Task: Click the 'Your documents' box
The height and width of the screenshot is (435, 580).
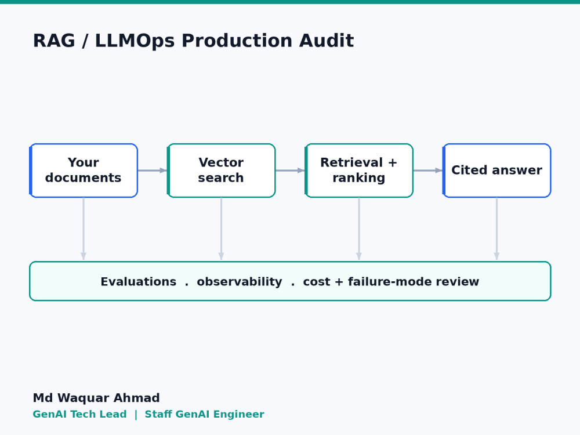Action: click(x=84, y=171)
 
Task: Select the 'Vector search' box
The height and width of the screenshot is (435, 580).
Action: click(x=221, y=171)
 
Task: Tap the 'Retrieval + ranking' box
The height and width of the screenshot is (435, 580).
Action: click(x=359, y=171)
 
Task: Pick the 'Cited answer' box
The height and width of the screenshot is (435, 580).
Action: click(x=497, y=171)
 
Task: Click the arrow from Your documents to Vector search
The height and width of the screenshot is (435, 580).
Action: click(x=153, y=171)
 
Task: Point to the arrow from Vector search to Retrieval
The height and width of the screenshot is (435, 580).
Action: click(x=290, y=171)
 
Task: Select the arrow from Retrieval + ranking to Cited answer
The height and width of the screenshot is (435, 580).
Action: click(x=427, y=171)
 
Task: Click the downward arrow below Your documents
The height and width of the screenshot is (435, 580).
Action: click(x=84, y=229)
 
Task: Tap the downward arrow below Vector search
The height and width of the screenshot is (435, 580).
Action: click(x=221, y=229)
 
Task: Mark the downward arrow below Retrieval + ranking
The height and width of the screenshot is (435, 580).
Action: click(x=359, y=229)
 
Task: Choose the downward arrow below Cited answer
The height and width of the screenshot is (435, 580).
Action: click(x=497, y=229)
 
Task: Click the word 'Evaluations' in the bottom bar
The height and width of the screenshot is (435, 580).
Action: click(x=139, y=281)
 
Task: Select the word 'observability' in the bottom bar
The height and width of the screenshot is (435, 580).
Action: click(x=240, y=282)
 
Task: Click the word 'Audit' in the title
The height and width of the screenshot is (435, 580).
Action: click(x=327, y=41)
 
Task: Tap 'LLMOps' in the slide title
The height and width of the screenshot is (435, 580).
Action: click(x=135, y=41)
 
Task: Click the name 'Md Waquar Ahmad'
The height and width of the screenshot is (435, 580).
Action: click(x=96, y=398)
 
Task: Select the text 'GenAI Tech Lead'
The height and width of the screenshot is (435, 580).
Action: click(x=79, y=414)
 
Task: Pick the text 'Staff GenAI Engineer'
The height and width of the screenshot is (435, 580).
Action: click(x=205, y=414)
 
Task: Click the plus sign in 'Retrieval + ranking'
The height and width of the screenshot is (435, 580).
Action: click(x=393, y=162)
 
